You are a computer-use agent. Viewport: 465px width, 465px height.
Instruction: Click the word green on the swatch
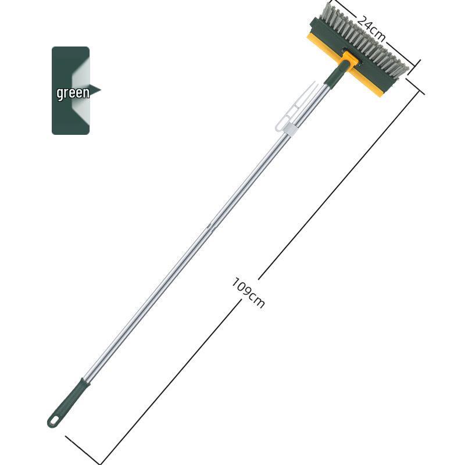pyautogui.click(x=73, y=92)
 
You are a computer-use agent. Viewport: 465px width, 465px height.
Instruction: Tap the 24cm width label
pyautogui.click(x=371, y=27)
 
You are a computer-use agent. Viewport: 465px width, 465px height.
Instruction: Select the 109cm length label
pyautogui.click(x=248, y=292)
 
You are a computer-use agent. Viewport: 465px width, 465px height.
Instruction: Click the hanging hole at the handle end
pyautogui.click(x=54, y=420)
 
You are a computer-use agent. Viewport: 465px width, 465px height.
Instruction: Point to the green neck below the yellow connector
pyautogui.click(x=335, y=74)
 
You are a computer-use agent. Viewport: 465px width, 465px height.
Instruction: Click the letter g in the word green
pyautogui.click(x=60, y=94)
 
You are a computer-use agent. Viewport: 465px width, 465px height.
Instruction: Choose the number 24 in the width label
pyautogui.click(x=365, y=23)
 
